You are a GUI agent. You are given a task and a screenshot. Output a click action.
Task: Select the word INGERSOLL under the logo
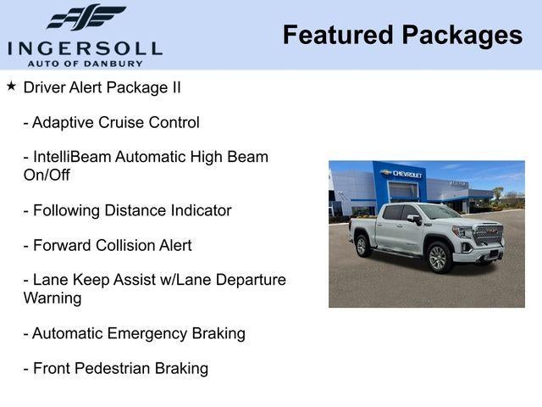click(x=85, y=47)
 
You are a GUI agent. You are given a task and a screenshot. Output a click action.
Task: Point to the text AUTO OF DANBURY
click(x=85, y=63)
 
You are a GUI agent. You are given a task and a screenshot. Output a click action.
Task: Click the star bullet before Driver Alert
click(x=11, y=86)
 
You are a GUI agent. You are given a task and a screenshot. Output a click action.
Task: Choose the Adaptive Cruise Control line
click(x=111, y=122)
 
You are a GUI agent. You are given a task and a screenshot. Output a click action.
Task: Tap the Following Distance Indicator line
click(x=127, y=210)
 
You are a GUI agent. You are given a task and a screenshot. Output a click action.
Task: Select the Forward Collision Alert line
click(x=108, y=245)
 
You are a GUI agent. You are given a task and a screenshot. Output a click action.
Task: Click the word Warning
click(x=53, y=298)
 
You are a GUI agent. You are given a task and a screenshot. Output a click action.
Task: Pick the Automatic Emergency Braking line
click(x=134, y=333)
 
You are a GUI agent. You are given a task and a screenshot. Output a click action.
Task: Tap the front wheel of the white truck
click(x=438, y=258)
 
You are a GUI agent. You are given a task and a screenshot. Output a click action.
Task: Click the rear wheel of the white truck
click(x=363, y=245)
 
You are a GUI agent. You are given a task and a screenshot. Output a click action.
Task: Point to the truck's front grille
click(x=489, y=234)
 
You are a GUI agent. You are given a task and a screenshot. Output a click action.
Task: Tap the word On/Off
click(x=47, y=176)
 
